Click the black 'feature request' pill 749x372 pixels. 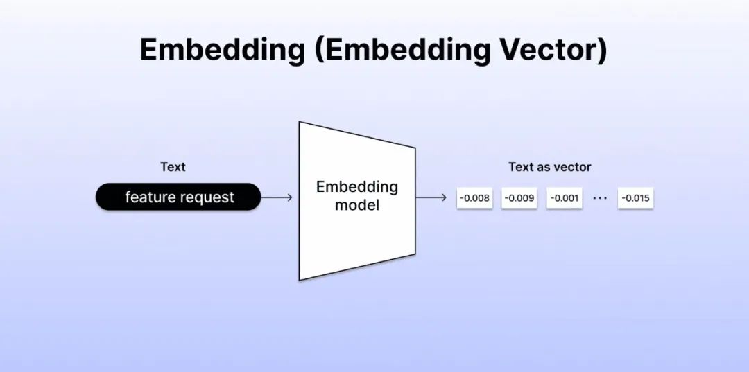178,197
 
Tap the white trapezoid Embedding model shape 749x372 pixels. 357,201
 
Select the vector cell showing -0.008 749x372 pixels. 474,198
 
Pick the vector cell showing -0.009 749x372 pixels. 519,198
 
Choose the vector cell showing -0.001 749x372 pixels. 564,198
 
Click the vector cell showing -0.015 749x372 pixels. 635,198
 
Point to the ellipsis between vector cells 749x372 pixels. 599,197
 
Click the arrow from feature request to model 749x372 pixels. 277,197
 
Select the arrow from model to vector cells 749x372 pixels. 431,197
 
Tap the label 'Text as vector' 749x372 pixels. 550,167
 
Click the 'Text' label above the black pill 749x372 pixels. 173,167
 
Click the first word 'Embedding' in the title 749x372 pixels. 222,50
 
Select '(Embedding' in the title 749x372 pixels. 402,50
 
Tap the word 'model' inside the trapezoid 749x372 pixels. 357,206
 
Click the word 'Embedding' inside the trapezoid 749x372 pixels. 357,187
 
